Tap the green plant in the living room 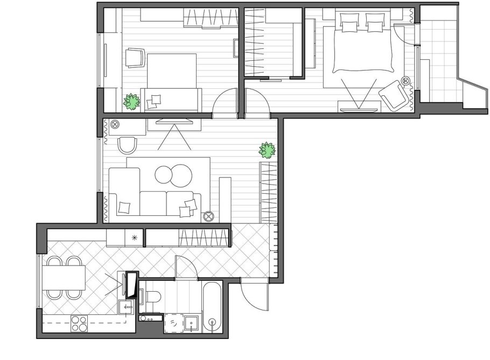(x=267, y=150)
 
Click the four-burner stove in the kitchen (x=79, y=324)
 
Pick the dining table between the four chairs (x=63, y=279)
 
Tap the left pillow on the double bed (x=349, y=25)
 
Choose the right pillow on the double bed (x=375, y=25)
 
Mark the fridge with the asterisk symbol (x=134, y=237)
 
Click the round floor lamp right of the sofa (x=208, y=216)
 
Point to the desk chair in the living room (x=127, y=145)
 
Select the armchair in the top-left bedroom (x=135, y=58)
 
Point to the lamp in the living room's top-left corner (x=115, y=125)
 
